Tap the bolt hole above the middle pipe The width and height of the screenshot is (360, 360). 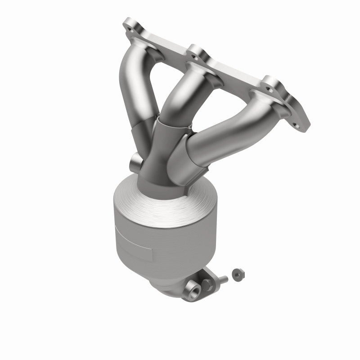[x=195, y=57]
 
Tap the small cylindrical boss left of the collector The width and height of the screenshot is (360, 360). [x=135, y=162]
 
